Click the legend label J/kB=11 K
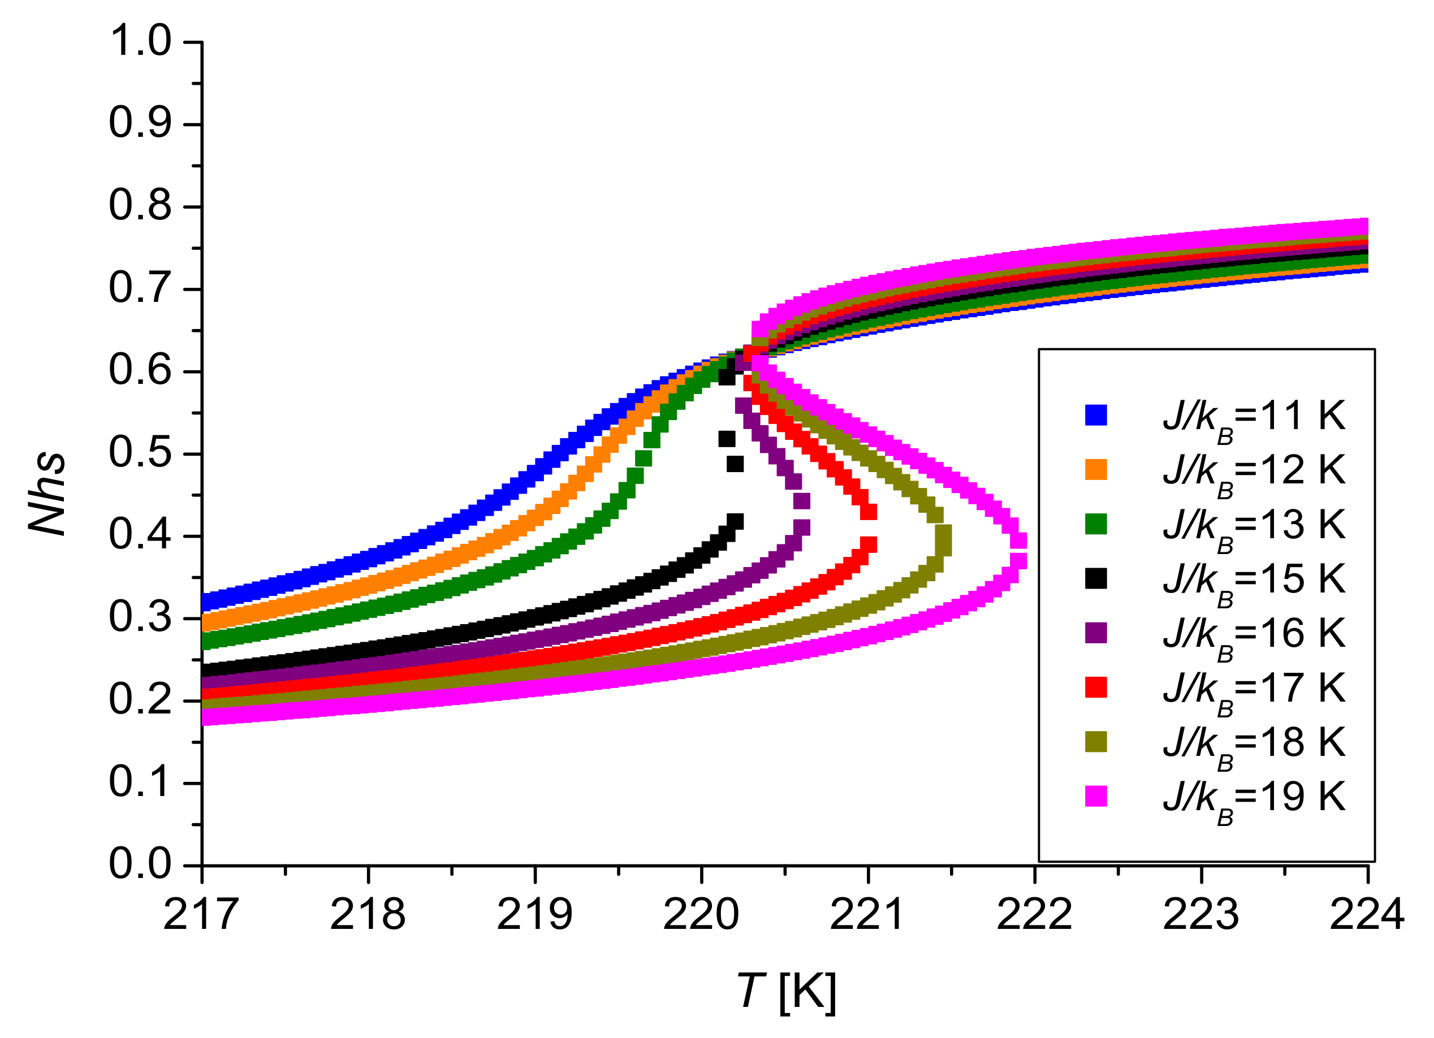click(x=1253, y=418)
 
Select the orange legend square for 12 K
click(x=1096, y=469)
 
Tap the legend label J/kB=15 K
click(x=1253, y=580)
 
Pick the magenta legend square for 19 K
click(x=1096, y=796)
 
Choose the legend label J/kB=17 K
click(x=1253, y=689)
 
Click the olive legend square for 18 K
click(x=1096, y=742)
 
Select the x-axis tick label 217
click(x=201, y=915)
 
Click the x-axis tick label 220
click(x=701, y=915)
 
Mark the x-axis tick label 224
click(x=1366, y=915)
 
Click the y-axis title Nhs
click(x=48, y=494)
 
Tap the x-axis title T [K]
click(x=786, y=991)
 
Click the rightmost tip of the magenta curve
click(x=1018, y=551)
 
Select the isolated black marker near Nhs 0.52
click(x=727, y=439)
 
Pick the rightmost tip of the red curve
click(x=869, y=528)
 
